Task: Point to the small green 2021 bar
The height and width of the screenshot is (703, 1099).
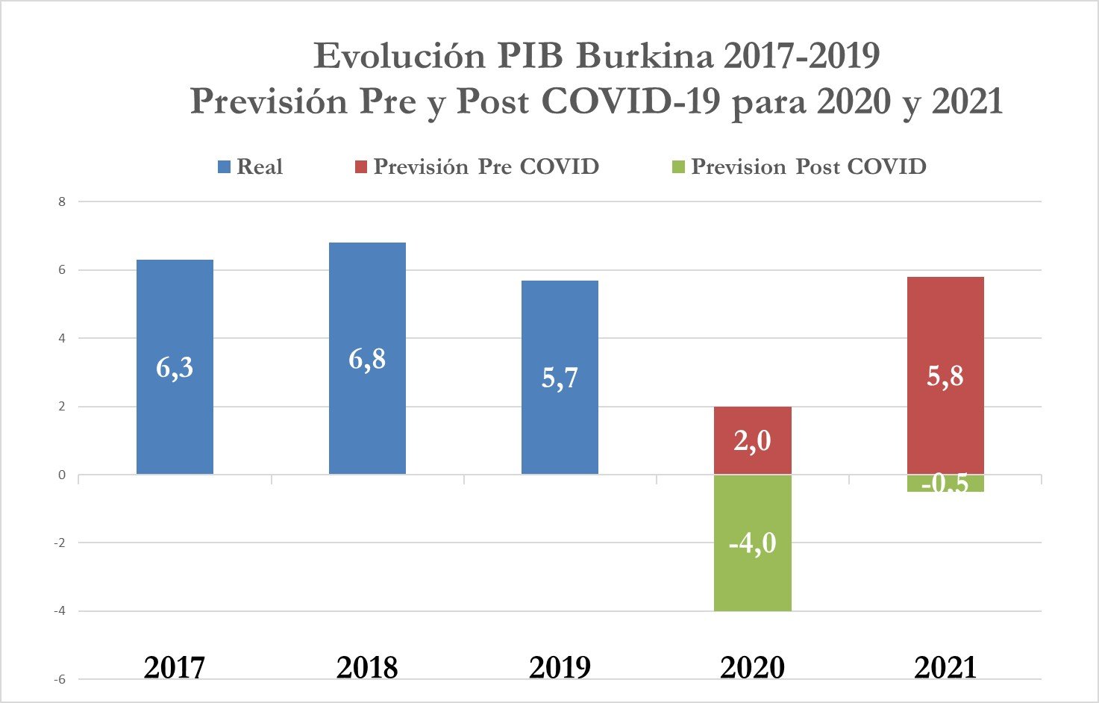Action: [945, 484]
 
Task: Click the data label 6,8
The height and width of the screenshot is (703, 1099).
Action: [367, 360]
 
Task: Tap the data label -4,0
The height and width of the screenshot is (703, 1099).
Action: [752, 543]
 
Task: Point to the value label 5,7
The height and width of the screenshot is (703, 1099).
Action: [560, 378]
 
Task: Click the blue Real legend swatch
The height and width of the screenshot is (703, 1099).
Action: [224, 167]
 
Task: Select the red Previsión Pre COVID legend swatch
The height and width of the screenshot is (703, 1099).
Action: [361, 167]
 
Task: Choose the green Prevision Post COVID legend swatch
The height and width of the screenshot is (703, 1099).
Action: [678, 167]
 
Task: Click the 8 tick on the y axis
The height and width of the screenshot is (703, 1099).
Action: [62, 201]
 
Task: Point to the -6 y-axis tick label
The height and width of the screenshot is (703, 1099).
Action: [59, 679]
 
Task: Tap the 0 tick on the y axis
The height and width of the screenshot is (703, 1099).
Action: [62, 475]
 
